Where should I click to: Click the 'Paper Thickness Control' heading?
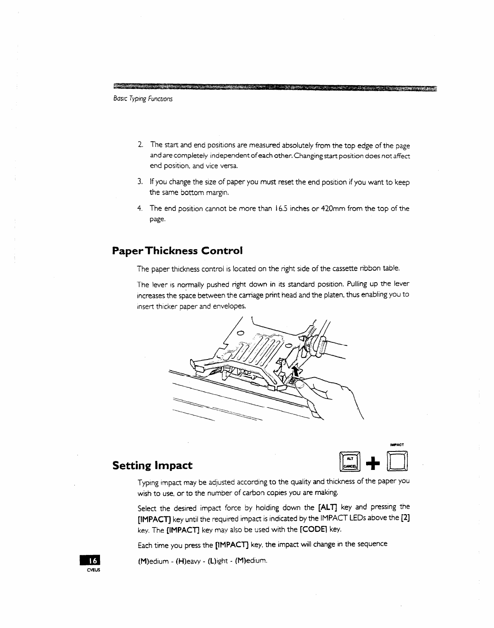177,250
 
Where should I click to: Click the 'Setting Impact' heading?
152,465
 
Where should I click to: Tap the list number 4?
140,208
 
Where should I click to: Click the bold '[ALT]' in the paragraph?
327,507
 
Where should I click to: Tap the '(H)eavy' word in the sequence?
188,561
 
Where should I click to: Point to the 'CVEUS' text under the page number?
91,570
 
